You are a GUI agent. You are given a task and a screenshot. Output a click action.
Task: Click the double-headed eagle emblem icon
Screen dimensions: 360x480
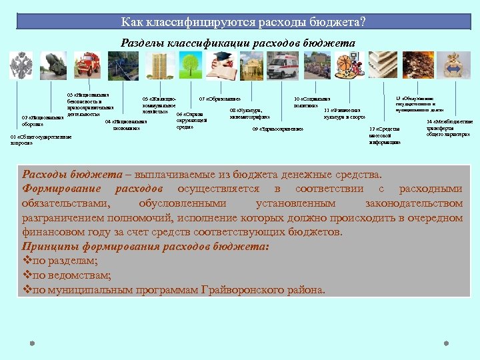21,66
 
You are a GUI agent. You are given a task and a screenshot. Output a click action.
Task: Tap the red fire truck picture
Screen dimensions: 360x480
87,65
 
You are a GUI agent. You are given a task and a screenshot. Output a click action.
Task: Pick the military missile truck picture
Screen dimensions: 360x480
53,65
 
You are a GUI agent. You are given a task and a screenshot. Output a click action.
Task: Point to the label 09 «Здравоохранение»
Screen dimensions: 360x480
277,129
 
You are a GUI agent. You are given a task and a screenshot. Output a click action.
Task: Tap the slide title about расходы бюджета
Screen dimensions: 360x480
243,22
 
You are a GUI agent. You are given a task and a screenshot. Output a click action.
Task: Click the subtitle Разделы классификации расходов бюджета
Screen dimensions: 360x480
238,43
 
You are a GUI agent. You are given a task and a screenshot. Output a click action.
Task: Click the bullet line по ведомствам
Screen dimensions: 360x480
67,275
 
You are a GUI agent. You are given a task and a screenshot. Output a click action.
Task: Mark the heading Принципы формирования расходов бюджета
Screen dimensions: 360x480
145,246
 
